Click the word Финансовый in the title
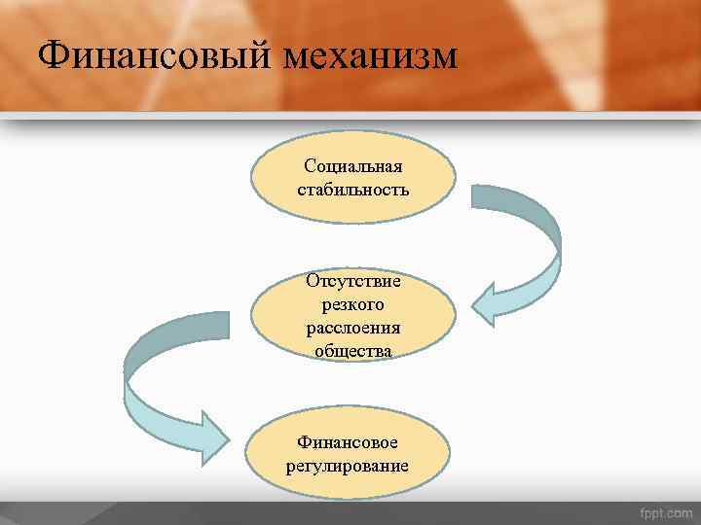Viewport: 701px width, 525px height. click(x=156, y=56)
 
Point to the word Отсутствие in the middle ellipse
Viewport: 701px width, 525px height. click(x=353, y=282)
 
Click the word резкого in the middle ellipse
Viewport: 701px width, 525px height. click(x=353, y=304)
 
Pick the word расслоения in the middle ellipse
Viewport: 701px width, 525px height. click(x=353, y=327)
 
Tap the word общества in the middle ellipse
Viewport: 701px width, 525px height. click(x=353, y=349)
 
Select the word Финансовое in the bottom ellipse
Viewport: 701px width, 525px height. click(x=348, y=443)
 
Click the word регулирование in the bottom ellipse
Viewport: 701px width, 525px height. click(x=348, y=466)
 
